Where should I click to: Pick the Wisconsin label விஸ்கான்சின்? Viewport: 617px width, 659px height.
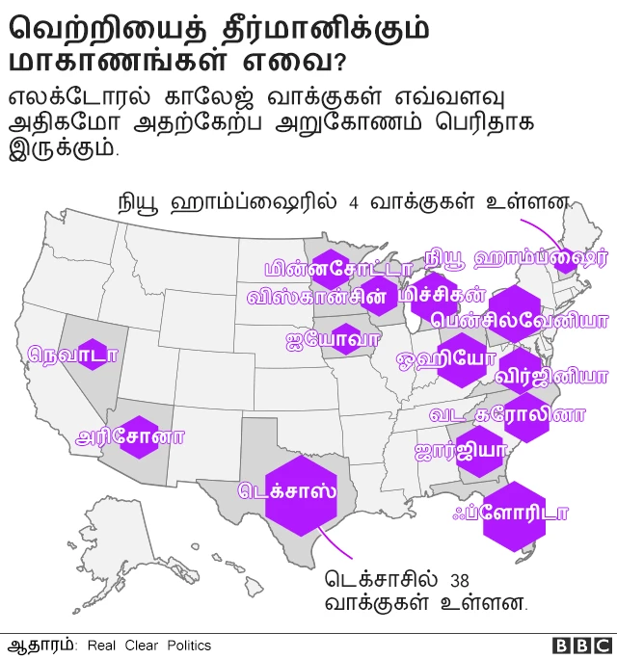[323, 296]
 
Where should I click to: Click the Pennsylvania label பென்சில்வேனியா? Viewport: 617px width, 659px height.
[521, 319]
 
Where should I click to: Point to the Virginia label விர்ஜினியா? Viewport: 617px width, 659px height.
[550, 376]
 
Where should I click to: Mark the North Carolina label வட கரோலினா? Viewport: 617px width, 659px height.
[507, 415]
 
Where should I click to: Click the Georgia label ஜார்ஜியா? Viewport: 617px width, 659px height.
[460, 451]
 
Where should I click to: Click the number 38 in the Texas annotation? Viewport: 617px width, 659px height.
[460, 580]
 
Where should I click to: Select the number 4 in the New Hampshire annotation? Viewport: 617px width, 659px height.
[354, 203]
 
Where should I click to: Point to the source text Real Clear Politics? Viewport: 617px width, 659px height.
[148, 646]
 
